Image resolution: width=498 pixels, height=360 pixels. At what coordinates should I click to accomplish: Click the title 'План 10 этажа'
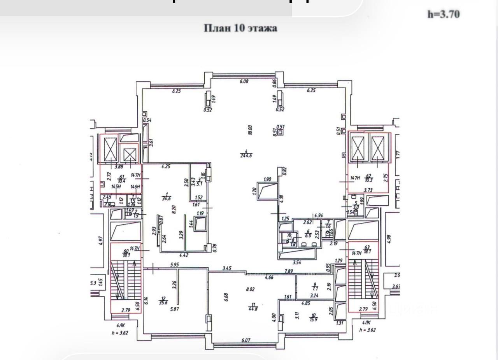pos(240,28)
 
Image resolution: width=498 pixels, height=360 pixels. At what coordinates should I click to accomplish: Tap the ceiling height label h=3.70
pos(444,14)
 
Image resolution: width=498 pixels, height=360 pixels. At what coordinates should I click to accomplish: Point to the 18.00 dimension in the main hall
pos(250,129)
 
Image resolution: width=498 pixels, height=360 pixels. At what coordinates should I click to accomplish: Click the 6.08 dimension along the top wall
pos(244,81)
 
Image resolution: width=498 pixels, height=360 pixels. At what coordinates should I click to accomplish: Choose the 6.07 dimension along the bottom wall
pos(245,340)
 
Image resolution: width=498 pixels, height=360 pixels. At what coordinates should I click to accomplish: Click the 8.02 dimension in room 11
pos(250,289)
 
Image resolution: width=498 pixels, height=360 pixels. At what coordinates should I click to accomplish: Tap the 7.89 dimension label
pos(289,271)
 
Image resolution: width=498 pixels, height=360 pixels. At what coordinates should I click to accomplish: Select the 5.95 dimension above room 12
pos(174,265)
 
